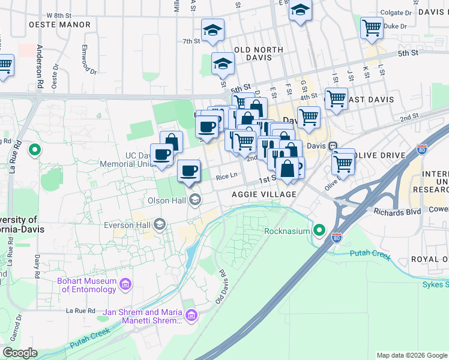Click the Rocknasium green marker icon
[319, 230]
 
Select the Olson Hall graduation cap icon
[195, 199]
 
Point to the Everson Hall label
[126, 224]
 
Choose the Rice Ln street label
[227, 176]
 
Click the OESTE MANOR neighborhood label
[59, 25]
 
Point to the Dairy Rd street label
[37, 265]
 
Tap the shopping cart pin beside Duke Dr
[372, 27]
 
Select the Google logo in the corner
[20, 353]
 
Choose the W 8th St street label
[58, 14]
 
